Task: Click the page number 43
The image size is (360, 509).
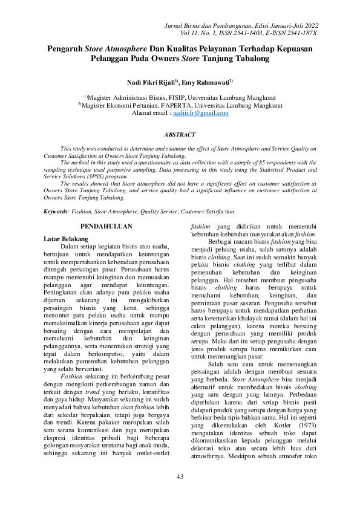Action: click(180, 478)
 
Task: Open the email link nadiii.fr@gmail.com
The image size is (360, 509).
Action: click(201, 113)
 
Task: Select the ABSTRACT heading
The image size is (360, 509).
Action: click(180, 135)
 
